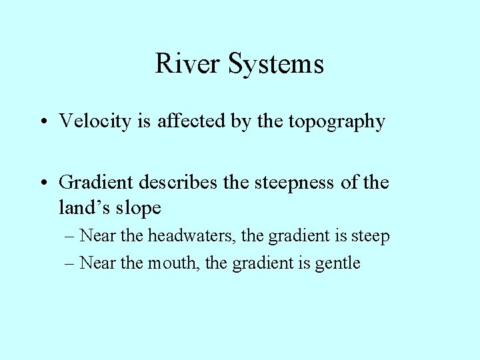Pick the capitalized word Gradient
pos(96,182)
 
